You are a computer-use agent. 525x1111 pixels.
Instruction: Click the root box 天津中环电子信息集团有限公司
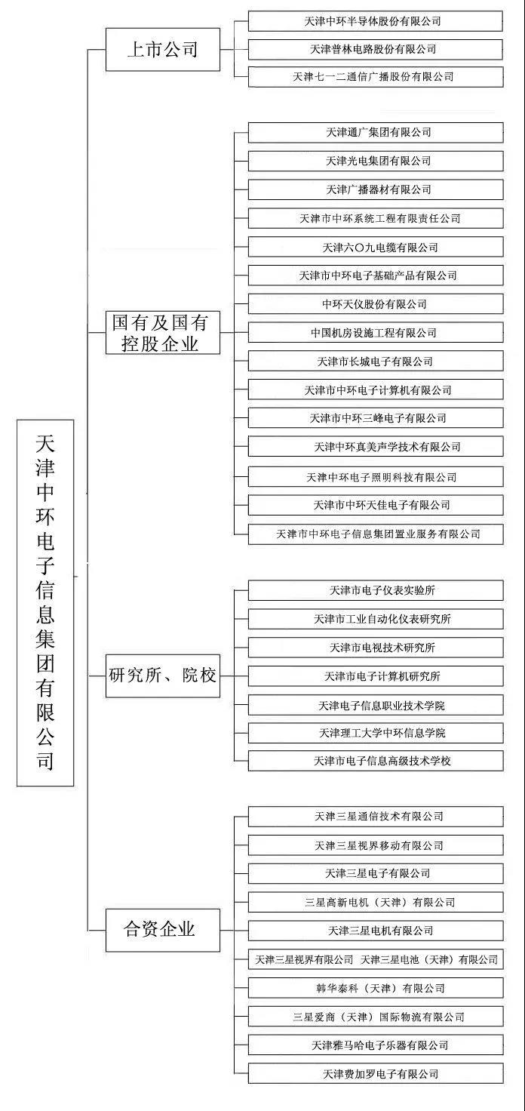(x=45, y=602)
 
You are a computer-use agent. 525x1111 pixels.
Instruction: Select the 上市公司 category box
(x=163, y=49)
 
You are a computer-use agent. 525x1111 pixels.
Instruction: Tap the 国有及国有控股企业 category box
(x=163, y=332)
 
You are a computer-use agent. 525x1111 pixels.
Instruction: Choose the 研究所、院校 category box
(x=163, y=676)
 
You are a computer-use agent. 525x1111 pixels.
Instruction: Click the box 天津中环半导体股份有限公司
(x=376, y=21)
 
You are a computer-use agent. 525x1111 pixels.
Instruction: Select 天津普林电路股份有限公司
(x=376, y=49)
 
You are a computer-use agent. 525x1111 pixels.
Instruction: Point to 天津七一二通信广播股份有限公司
(x=376, y=77)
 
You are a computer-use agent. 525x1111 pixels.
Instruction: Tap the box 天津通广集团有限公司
(x=376, y=132)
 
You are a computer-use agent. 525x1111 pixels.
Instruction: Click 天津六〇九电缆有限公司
(x=376, y=247)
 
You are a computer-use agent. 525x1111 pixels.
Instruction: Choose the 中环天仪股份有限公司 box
(x=376, y=303)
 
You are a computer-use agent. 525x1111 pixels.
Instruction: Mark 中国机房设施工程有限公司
(x=376, y=332)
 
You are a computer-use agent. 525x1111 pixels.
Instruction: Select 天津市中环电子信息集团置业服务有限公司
(x=376, y=534)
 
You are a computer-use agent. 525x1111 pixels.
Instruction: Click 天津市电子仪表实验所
(x=376, y=590)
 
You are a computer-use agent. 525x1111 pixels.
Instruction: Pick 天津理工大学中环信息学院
(x=376, y=733)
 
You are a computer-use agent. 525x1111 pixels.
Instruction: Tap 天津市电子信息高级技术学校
(x=376, y=760)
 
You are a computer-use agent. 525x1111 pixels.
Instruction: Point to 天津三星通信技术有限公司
(x=376, y=817)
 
